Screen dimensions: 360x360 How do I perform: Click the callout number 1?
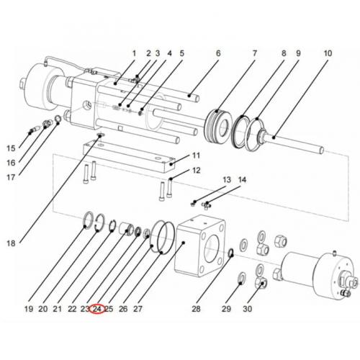tap(133, 53)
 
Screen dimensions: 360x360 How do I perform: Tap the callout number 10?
tap(328, 53)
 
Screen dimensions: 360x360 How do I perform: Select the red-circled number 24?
tap(97, 309)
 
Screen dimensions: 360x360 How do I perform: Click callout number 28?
tap(195, 309)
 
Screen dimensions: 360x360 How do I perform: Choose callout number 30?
tap(247, 309)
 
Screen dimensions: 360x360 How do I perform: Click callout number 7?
tap(254, 53)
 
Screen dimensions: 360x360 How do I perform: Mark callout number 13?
tap(225, 179)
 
